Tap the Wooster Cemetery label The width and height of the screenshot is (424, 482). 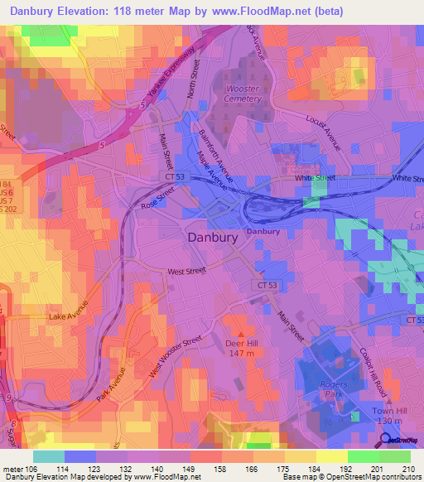(237, 93)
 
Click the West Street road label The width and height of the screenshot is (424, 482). (187, 271)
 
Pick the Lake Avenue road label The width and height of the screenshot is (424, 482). (68, 316)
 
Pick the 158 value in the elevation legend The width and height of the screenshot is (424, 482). (219, 468)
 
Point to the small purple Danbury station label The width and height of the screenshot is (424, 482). (264, 232)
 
